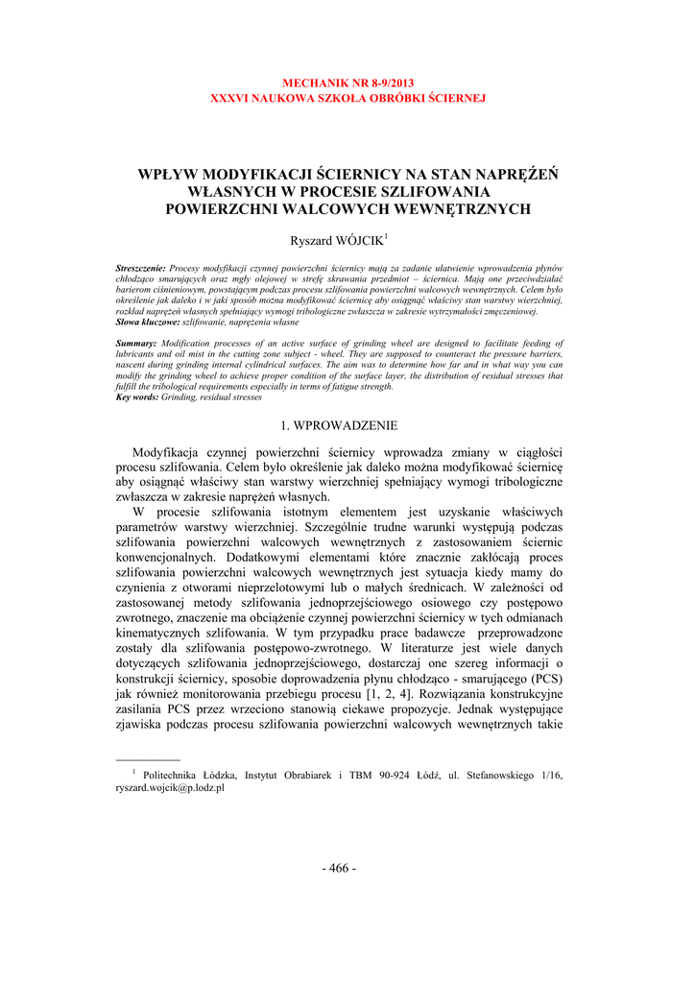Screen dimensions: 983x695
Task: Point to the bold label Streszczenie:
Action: pos(141,269)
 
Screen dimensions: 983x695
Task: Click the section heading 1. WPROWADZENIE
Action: pos(338,424)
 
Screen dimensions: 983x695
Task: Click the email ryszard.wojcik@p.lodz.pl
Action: pos(170,787)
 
